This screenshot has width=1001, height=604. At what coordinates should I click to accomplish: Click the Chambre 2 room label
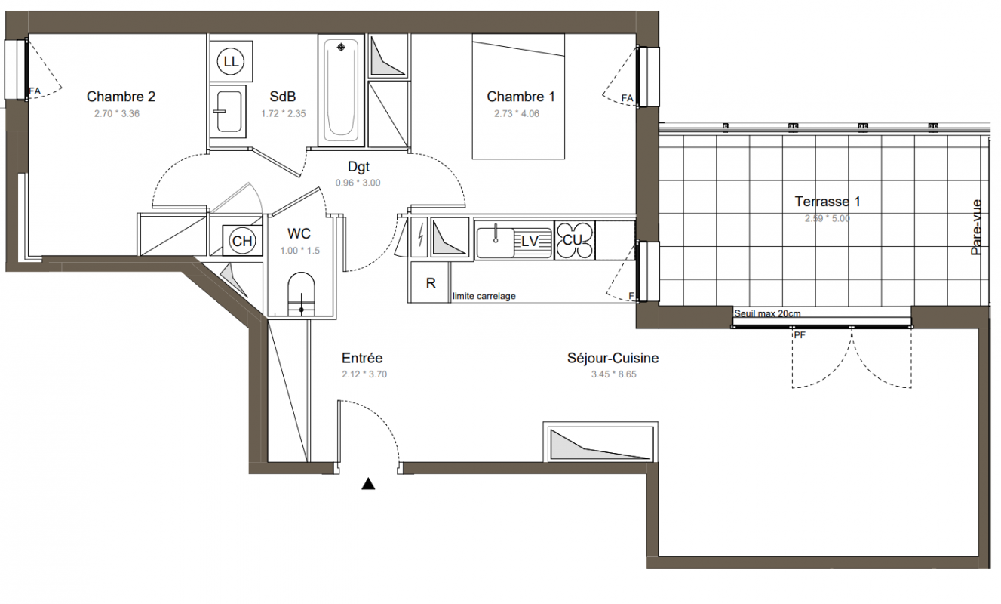(121, 97)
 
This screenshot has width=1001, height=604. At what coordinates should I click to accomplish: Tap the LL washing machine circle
(231, 61)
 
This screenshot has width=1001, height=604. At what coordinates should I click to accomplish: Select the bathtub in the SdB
(342, 90)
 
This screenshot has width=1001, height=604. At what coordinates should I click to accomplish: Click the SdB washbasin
(229, 112)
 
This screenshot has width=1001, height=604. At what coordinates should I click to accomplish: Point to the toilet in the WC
(301, 294)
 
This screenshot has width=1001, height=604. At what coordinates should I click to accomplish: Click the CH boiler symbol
(242, 241)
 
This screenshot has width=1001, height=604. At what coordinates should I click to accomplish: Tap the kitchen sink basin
(496, 243)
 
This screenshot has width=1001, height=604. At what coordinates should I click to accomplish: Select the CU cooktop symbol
(574, 241)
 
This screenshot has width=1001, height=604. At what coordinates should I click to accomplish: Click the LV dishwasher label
(530, 242)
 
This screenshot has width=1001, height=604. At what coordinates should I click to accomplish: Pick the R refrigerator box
(430, 282)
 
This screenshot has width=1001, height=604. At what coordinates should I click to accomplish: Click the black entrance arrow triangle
(368, 484)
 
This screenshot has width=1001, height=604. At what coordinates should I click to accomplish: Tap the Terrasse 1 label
(828, 202)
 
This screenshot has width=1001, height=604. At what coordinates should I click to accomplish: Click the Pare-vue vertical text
(977, 227)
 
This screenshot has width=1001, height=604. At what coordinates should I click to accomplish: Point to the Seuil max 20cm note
(767, 313)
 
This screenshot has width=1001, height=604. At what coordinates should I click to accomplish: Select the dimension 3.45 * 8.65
(613, 374)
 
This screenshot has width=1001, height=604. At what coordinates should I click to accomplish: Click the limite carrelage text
(484, 296)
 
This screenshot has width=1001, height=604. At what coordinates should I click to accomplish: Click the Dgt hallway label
(358, 167)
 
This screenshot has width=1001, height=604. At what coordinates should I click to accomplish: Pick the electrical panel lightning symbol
(419, 237)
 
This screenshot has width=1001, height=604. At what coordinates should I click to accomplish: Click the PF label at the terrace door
(800, 334)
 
